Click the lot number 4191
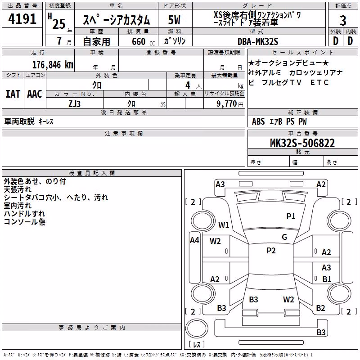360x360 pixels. (x=22, y=19)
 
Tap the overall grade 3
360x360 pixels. (x=343, y=21)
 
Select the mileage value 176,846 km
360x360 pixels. (x=53, y=65)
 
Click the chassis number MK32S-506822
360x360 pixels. (x=302, y=143)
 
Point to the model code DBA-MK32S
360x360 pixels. (x=258, y=41)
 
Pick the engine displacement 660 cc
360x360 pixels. (x=143, y=41)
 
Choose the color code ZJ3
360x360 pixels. (x=74, y=104)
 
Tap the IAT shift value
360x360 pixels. (x=13, y=94)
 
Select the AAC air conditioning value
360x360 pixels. (x=35, y=94)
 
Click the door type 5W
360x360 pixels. (x=174, y=20)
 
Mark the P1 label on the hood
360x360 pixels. (x=291, y=216)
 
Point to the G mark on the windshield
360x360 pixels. (x=284, y=237)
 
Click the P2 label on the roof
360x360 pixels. (x=271, y=251)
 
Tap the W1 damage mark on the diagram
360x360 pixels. (x=224, y=225)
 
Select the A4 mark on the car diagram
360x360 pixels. (x=194, y=240)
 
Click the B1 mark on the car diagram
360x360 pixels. (x=327, y=279)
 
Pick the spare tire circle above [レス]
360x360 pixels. (x=197, y=328)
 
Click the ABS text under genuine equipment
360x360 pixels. (x=258, y=121)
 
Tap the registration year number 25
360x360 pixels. (x=59, y=24)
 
